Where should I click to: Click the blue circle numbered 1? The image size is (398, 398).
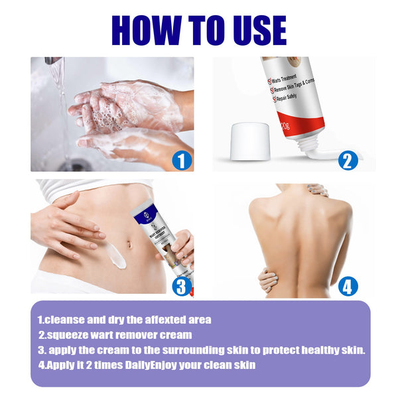point(182,159)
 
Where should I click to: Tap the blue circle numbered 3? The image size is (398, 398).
point(182,286)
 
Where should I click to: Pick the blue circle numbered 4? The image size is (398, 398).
point(348,286)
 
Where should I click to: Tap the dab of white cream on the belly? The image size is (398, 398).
point(117,256)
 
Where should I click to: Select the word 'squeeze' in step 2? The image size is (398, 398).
point(70,334)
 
